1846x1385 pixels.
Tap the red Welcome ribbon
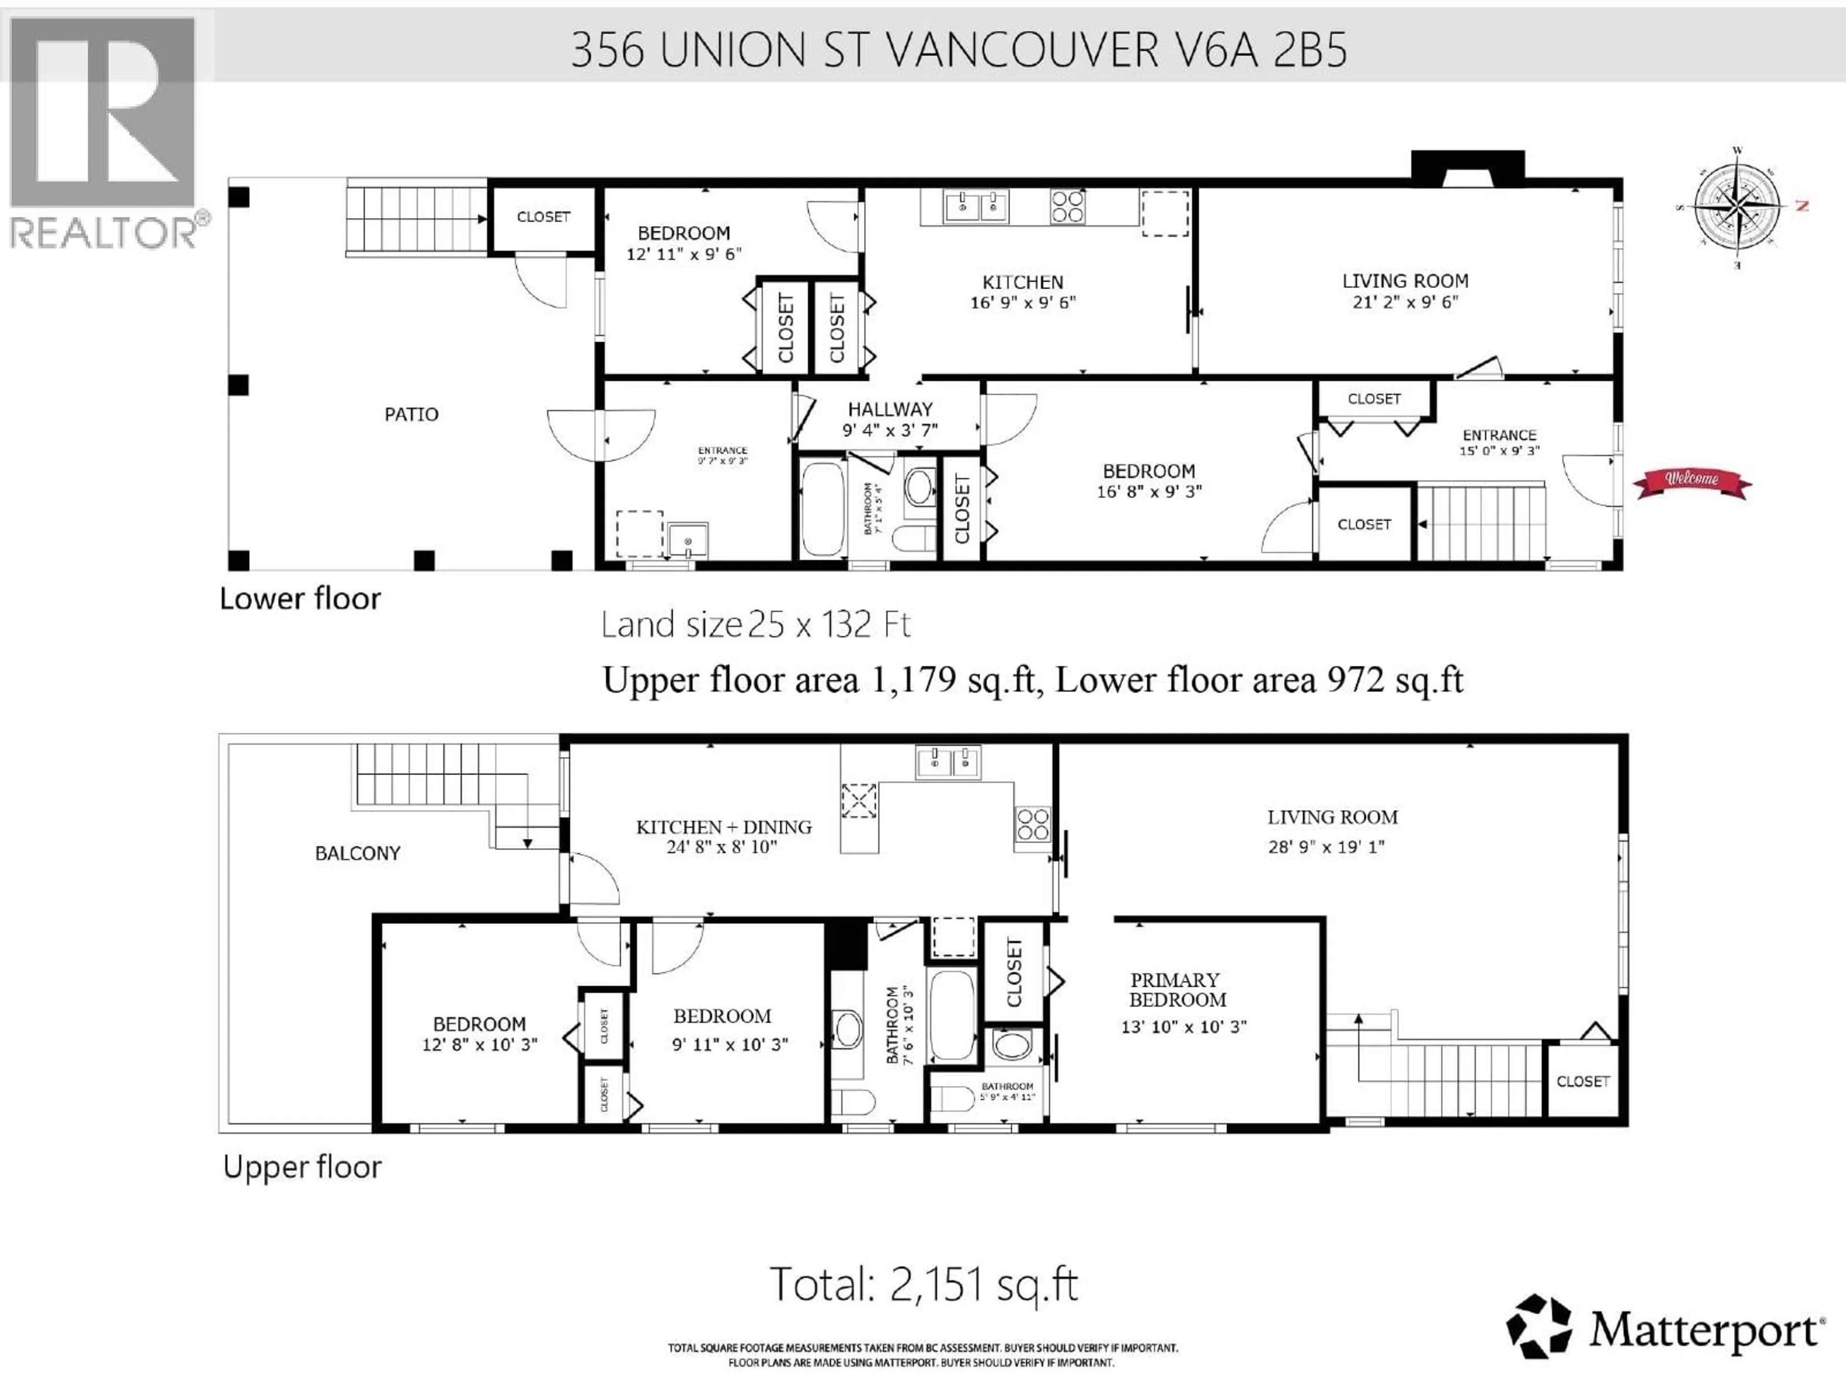click(x=1692, y=482)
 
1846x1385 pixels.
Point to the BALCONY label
click(x=357, y=853)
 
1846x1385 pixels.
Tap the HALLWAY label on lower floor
click(x=890, y=409)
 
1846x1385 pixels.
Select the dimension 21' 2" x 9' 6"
click(x=1405, y=302)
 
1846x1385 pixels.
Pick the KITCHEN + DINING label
click(x=723, y=827)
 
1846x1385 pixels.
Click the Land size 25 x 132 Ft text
click(x=755, y=625)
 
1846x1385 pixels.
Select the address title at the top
click(x=958, y=50)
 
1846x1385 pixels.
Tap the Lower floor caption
click(x=299, y=599)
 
